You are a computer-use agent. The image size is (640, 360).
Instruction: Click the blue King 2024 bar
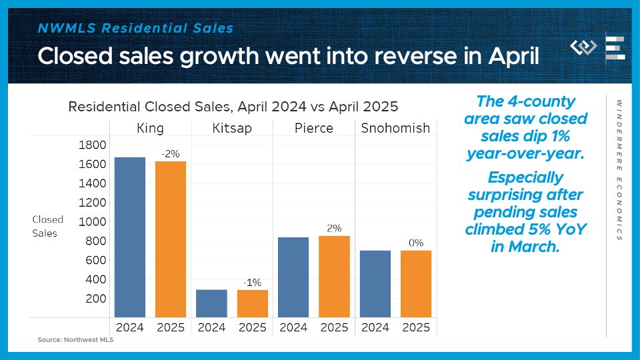pyautogui.click(x=130, y=237)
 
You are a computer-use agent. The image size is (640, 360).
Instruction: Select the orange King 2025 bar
pyautogui.click(x=171, y=239)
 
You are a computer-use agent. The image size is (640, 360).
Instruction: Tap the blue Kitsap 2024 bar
pyautogui.click(x=211, y=303)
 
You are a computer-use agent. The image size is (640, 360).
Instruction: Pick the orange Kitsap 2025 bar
pyautogui.click(x=253, y=304)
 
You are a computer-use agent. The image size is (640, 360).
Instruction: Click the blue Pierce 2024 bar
pyautogui.click(x=293, y=277)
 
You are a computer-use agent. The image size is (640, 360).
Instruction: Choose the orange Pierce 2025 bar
pyautogui.click(x=334, y=276)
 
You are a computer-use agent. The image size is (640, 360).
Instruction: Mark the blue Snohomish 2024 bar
pyautogui.click(x=375, y=284)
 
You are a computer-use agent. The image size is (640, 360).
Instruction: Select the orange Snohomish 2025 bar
pyautogui.click(x=416, y=284)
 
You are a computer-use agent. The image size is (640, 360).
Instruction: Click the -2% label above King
pyautogui.click(x=171, y=154)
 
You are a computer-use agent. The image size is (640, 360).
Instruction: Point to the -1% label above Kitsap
pyautogui.click(x=252, y=283)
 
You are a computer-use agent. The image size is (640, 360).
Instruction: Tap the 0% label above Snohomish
pyautogui.click(x=416, y=243)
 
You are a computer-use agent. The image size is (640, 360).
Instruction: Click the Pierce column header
pyautogui.click(x=314, y=128)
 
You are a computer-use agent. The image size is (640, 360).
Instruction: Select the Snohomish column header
pyautogui.click(x=395, y=128)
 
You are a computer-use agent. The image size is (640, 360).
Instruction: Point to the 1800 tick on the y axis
pyautogui.click(x=92, y=145)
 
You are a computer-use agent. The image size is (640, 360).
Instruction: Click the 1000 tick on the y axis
pyautogui.click(x=92, y=221)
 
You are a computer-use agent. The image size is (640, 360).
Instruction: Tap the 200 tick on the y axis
pyautogui.click(x=96, y=299)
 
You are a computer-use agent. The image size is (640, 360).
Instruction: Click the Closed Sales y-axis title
pyautogui.click(x=48, y=226)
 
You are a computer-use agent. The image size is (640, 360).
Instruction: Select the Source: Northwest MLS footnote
pyautogui.click(x=75, y=339)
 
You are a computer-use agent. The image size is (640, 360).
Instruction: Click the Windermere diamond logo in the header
pyautogui.click(x=583, y=47)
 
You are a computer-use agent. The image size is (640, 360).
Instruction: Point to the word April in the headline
pyautogui.click(x=514, y=56)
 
